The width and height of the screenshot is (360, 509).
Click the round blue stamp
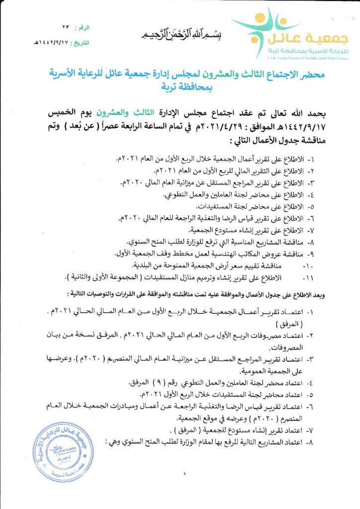pos(58,453)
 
